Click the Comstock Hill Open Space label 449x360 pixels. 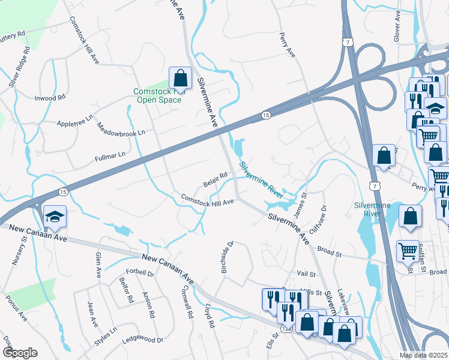click(x=157, y=96)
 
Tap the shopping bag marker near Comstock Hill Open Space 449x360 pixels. click(x=180, y=77)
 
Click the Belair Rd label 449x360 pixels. click(x=215, y=179)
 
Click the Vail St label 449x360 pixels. click(x=306, y=274)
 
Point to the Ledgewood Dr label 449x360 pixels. click(x=143, y=340)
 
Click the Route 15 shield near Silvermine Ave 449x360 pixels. click(x=264, y=115)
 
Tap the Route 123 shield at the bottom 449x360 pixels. click(x=285, y=329)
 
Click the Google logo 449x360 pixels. click(x=19, y=353)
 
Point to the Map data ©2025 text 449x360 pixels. click(x=423, y=355)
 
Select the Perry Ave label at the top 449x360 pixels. click(x=288, y=46)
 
